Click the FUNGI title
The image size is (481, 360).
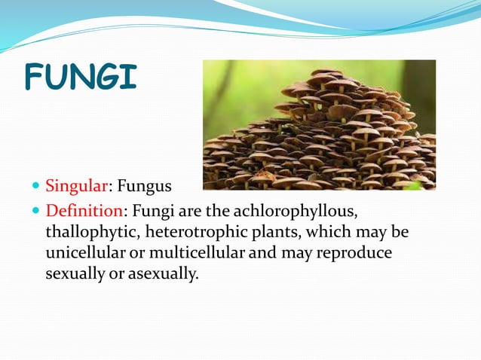coord(81,78)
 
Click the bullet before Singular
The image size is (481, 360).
coord(35,185)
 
